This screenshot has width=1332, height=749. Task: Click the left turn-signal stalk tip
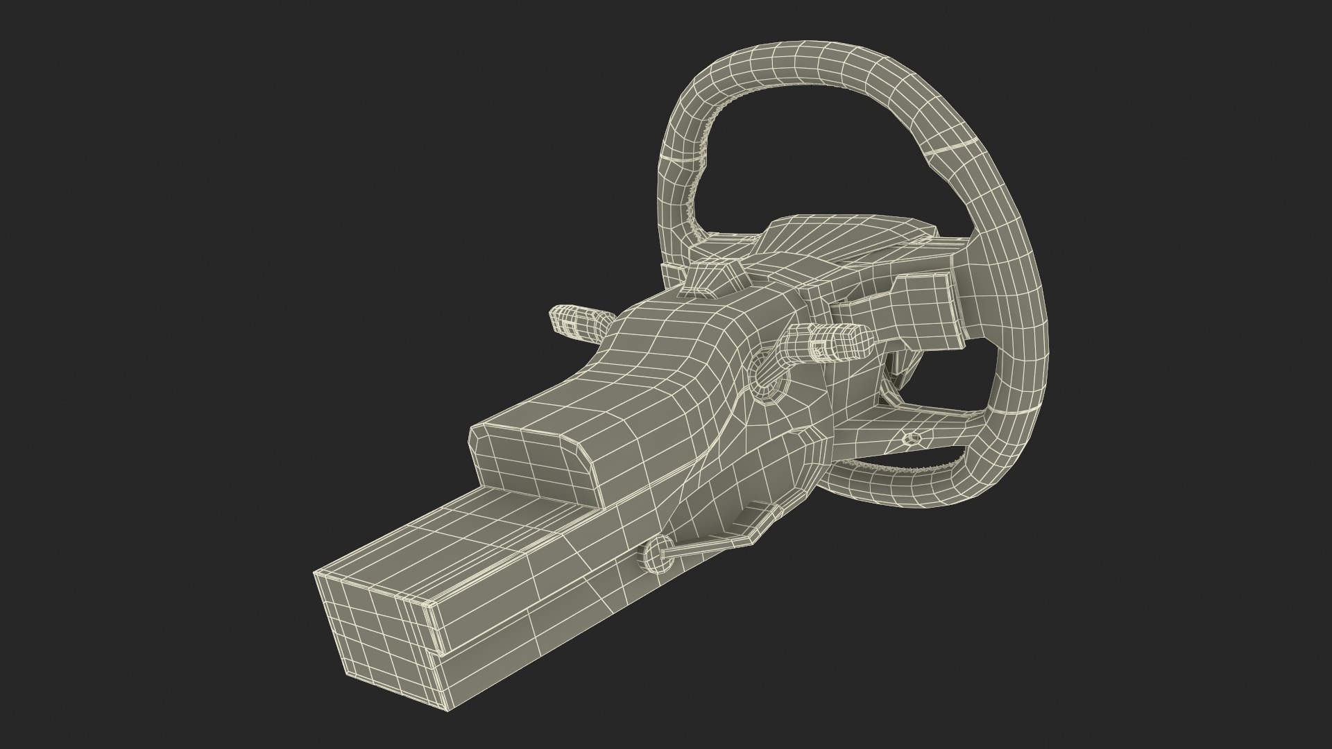(563, 320)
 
